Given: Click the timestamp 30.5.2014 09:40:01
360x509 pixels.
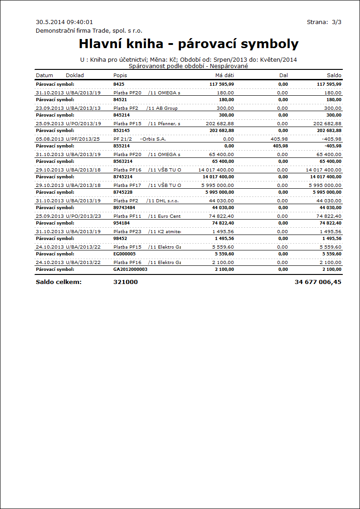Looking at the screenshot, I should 64,22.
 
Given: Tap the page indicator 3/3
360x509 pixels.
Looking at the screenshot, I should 336,22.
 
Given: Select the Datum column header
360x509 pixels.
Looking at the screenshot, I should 44,75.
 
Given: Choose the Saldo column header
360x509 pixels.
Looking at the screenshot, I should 334,75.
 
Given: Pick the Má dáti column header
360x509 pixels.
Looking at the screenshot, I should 224,75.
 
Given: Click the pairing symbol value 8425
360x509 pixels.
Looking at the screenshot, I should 119,84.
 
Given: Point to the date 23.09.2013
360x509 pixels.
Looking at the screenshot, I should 49,108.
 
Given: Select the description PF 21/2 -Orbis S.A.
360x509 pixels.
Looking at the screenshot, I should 136,139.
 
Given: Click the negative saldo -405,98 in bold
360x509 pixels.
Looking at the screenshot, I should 332,146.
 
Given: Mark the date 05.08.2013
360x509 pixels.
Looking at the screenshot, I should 49,139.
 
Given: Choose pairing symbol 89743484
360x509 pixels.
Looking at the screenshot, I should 124,207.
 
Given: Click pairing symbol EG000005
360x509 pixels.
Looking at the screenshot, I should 124,254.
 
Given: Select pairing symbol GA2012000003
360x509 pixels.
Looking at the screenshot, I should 130,269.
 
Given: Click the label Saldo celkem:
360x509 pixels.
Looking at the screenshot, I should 58,282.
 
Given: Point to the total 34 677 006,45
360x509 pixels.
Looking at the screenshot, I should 318,282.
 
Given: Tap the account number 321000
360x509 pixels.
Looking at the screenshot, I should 126,282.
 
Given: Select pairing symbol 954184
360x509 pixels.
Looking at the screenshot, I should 122,223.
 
